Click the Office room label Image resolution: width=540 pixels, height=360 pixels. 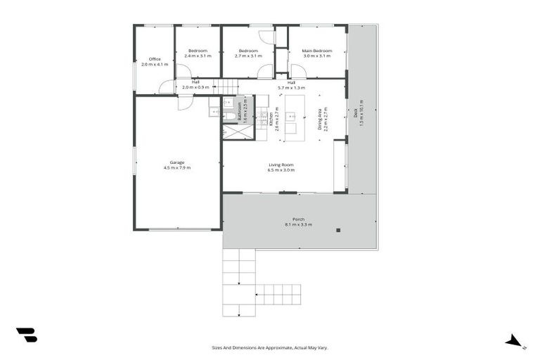(155, 59)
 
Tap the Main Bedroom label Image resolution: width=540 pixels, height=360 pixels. (316, 51)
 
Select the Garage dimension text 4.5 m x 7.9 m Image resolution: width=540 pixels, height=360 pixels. (177, 168)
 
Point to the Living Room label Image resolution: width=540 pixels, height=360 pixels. (280, 165)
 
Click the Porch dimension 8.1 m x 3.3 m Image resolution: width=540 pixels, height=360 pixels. (299, 224)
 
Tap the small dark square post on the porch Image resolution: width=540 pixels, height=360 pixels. (338, 230)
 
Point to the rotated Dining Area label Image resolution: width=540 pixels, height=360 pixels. (319, 120)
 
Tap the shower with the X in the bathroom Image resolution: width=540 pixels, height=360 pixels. (237, 131)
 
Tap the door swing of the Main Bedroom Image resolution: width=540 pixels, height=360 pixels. (297, 71)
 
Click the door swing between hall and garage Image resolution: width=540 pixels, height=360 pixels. (184, 102)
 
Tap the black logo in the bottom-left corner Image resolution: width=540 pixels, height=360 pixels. (26, 335)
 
